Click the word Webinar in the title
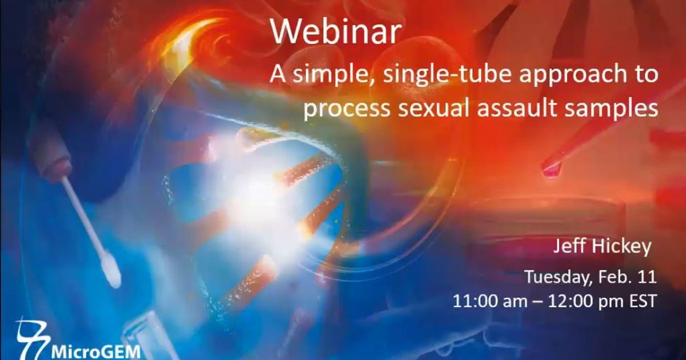[x=335, y=33]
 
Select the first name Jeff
[x=569, y=247]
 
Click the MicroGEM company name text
[x=95, y=350]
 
